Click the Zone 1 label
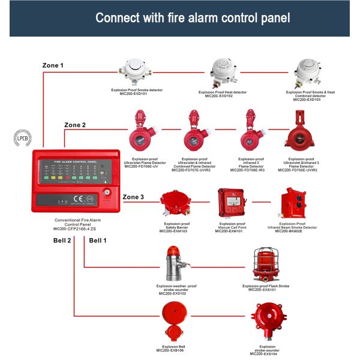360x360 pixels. [x=53, y=65]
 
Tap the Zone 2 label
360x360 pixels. [x=75, y=125]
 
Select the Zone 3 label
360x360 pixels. [x=133, y=197]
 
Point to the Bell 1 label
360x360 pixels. [x=98, y=240]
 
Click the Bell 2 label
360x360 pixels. [x=61, y=240]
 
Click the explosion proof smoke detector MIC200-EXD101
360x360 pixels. [x=137, y=71]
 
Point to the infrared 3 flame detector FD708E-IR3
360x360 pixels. [x=250, y=130]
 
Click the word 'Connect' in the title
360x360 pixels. [x=119, y=18]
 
